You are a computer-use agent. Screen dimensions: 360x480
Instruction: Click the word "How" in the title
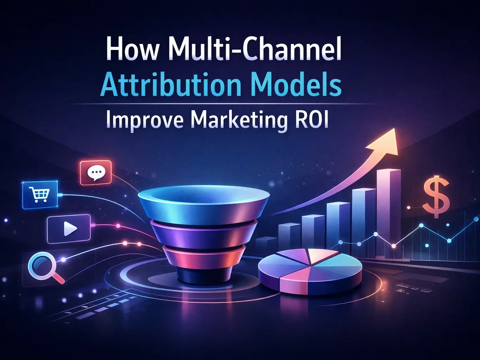132,50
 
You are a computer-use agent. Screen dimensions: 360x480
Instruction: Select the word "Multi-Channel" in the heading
257,50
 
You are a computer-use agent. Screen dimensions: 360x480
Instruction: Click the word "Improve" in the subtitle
145,120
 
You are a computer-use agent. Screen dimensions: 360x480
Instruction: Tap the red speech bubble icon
96,172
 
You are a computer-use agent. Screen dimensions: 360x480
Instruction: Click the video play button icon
69,229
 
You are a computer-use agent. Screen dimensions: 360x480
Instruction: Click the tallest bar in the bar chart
388,211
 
